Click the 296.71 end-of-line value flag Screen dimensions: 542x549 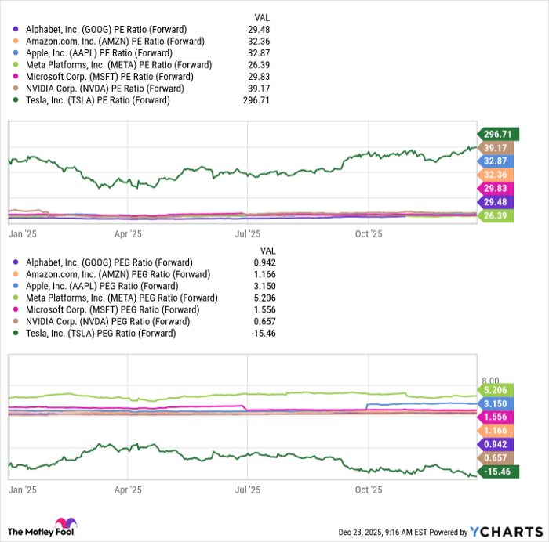[x=496, y=135]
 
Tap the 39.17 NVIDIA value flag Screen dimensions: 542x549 [x=496, y=148]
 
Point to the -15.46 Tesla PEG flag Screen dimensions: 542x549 [x=496, y=472]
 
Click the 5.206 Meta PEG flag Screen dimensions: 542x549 [x=496, y=390]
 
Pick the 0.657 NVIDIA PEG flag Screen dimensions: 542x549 [x=496, y=458]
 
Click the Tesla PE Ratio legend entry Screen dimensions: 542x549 [x=97, y=100]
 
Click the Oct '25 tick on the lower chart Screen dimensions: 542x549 [x=369, y=490]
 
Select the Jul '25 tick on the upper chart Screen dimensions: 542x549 [x=248, y=233]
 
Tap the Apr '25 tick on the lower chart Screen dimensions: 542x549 [x=128, y=490]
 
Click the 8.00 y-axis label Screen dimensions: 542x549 [x=489, y=379]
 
